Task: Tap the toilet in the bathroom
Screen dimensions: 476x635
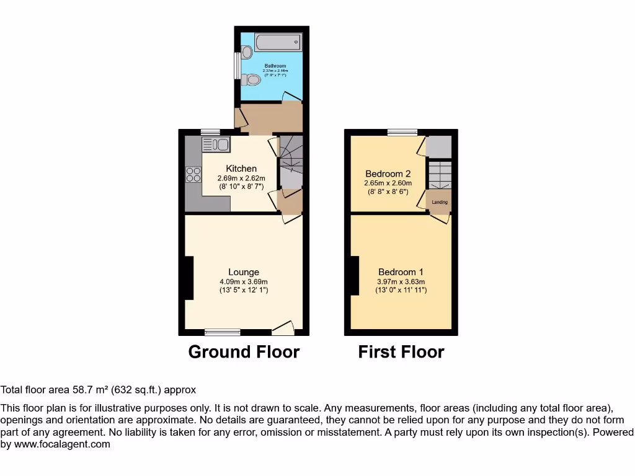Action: [251, 79]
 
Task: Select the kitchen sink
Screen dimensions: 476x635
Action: [215, 144]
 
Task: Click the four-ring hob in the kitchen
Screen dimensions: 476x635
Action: [193, 174]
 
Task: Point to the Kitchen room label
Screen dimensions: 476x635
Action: [241, 169]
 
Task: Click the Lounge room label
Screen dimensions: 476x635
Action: [244, 272]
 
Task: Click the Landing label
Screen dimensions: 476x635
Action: [439, 202]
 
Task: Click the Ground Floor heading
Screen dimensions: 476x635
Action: [244, 352]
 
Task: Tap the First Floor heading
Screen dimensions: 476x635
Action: [401, 352]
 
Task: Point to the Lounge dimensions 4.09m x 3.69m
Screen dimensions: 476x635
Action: [244, 281]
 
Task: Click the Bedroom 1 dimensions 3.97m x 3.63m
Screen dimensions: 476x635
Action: [401, 281]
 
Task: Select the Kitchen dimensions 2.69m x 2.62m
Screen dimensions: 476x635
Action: [241, 178]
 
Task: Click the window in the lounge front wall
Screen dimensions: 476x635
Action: [223, 332]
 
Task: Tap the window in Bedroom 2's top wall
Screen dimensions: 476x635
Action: [402, 131]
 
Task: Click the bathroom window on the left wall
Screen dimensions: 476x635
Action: [236, 66]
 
